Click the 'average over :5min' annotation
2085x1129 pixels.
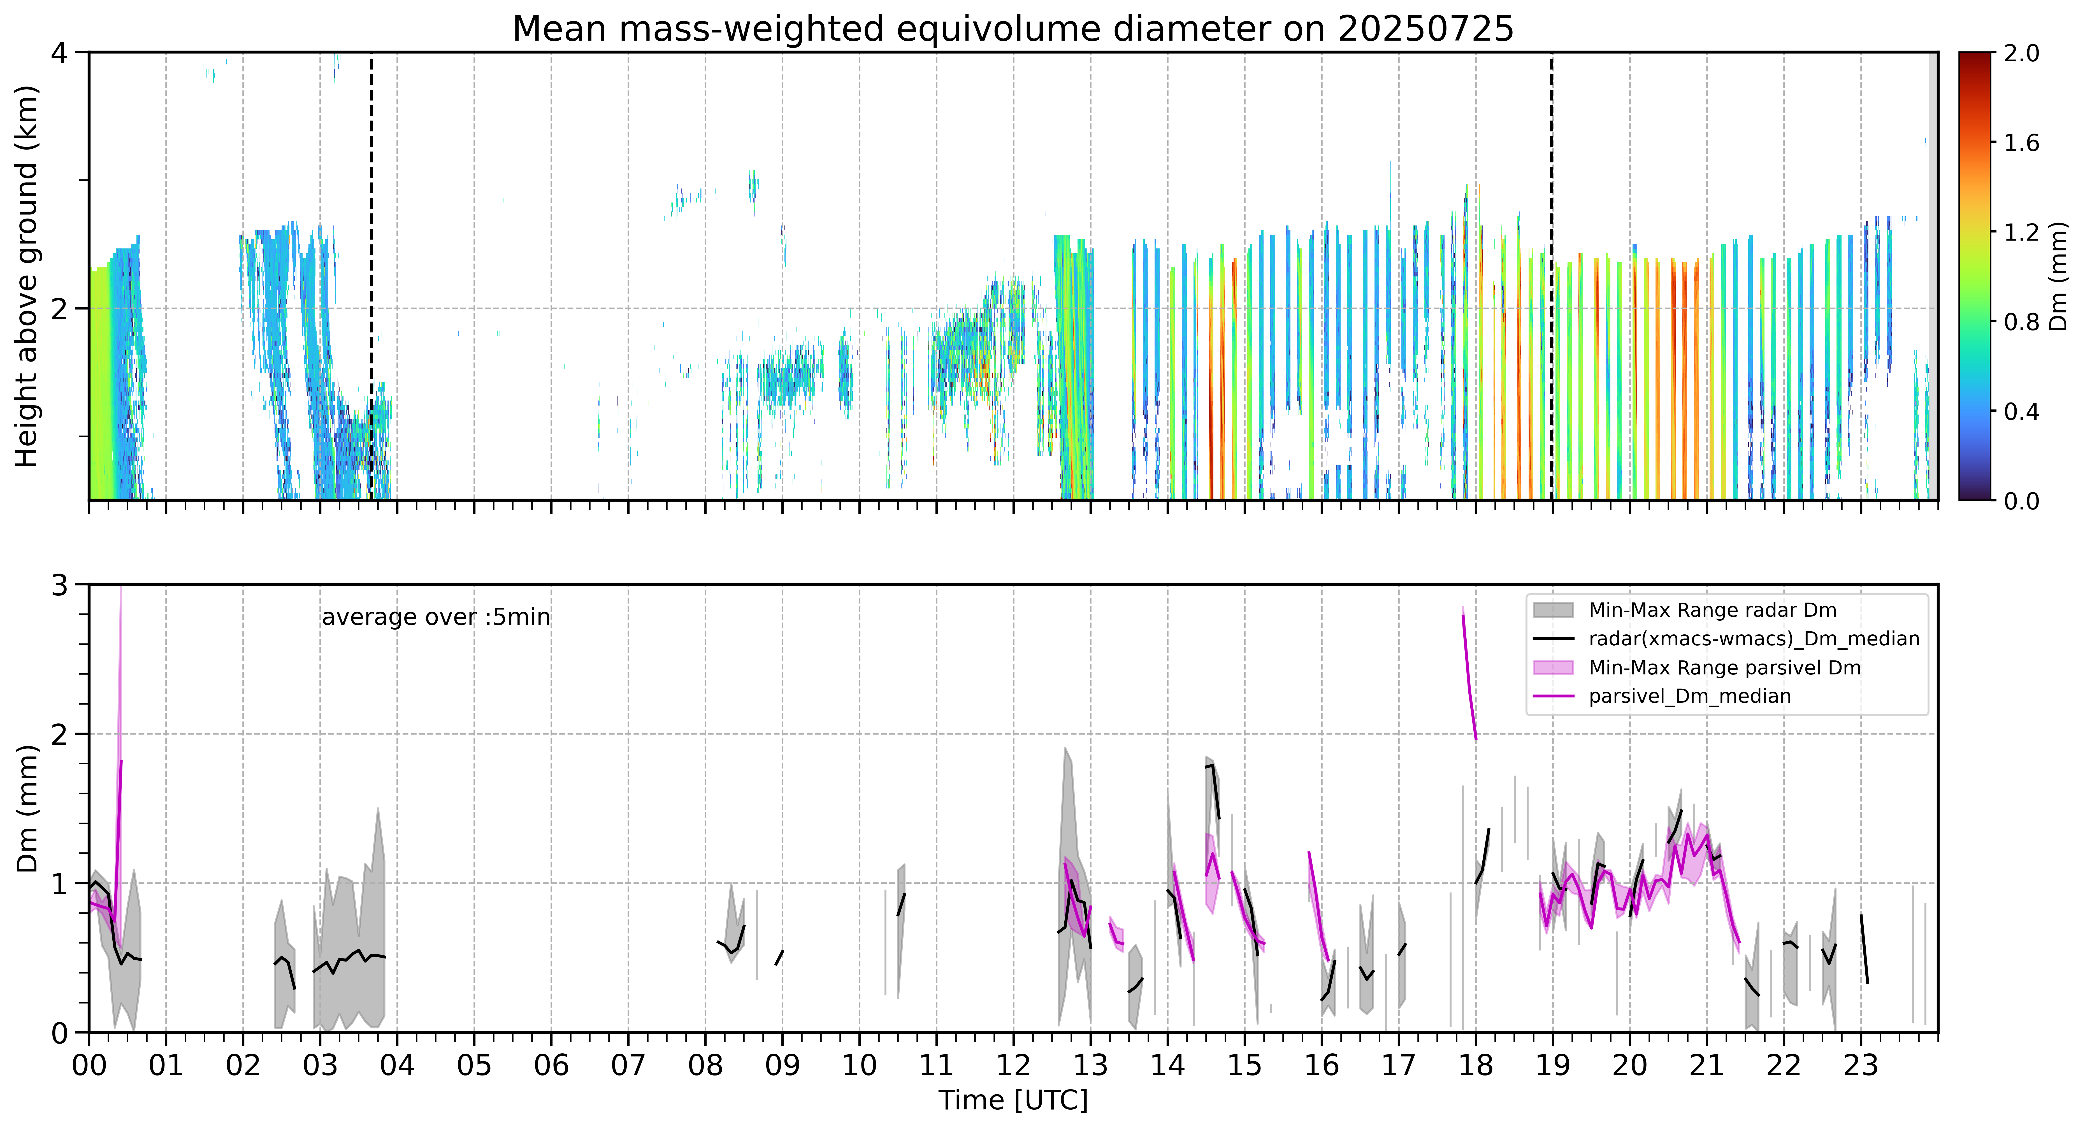tap(435, 618)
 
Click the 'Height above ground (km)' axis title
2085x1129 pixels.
tap(27, 277)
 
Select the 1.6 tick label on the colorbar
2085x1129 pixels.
tap(2021, 143)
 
